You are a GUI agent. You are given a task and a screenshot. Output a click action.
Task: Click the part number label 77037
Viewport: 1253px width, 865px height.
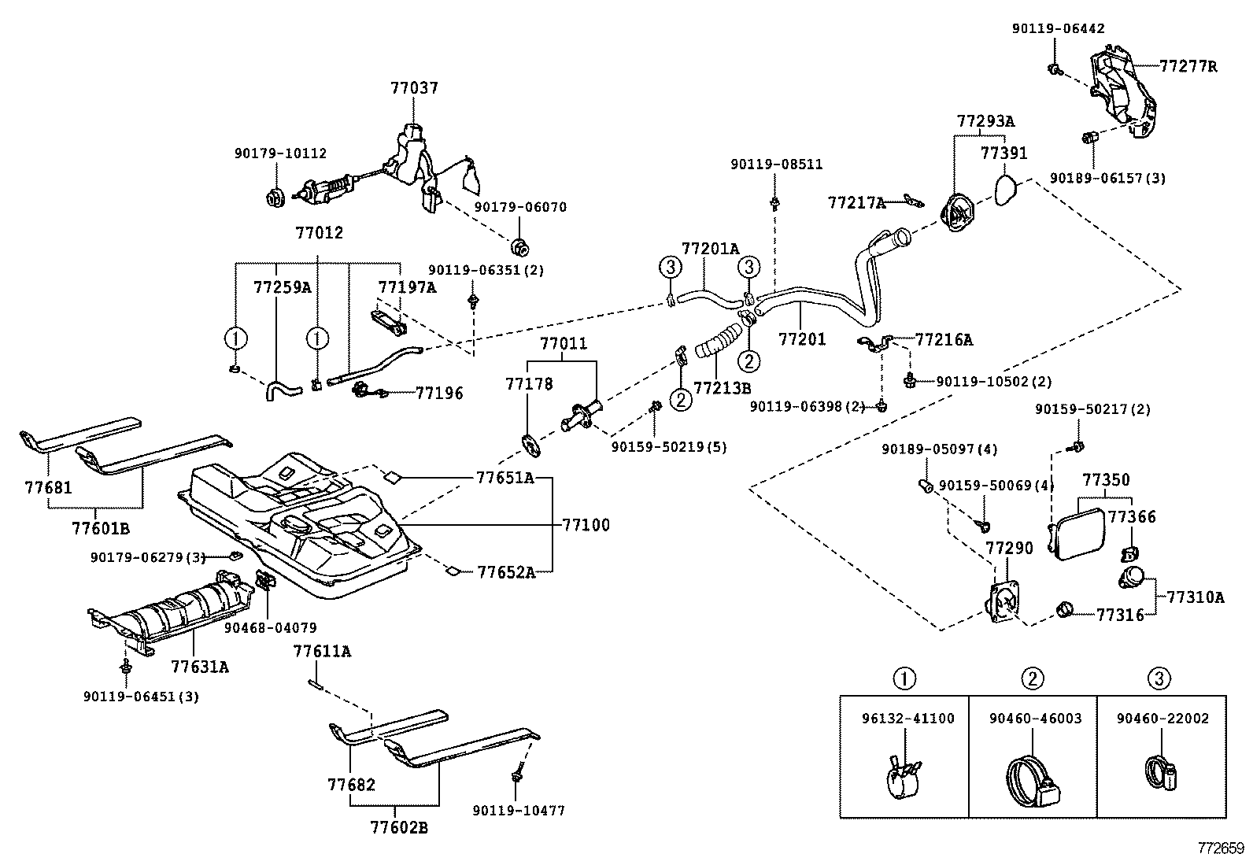pyautogui.click(x=414, y=88)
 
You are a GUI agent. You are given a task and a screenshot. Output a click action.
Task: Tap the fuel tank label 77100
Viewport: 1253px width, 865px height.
pyautogui.click(x=586, y=525)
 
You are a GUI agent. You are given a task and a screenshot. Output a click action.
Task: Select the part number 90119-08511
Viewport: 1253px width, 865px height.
pyautogui.click(x=776, y=164)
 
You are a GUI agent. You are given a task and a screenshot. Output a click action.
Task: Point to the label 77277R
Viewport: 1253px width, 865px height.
pyautogui.click(x=1188, y=66)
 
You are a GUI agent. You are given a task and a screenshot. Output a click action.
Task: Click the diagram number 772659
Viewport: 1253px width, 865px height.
pyautogui.click(x=1221, y=848)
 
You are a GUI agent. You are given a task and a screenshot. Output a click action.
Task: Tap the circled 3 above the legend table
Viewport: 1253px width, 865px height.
pyautogui.click(x=1159, y=678)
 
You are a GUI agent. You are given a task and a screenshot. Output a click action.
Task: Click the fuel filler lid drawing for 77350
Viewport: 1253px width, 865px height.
pyautogui.click(x=1078, y=533)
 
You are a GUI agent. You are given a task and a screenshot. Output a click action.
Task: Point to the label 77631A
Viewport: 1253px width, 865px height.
pyautogui.click(x=200, y=667)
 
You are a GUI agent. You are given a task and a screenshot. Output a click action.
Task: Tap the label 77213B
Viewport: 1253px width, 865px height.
pyautogui.click(x=722, y=387)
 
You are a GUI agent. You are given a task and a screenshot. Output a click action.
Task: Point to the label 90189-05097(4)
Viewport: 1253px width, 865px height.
pyautogui.click(x=939, y=449)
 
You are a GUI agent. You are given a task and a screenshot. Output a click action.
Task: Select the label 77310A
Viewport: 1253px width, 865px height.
pyautogui.click(x=1195, y=597)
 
